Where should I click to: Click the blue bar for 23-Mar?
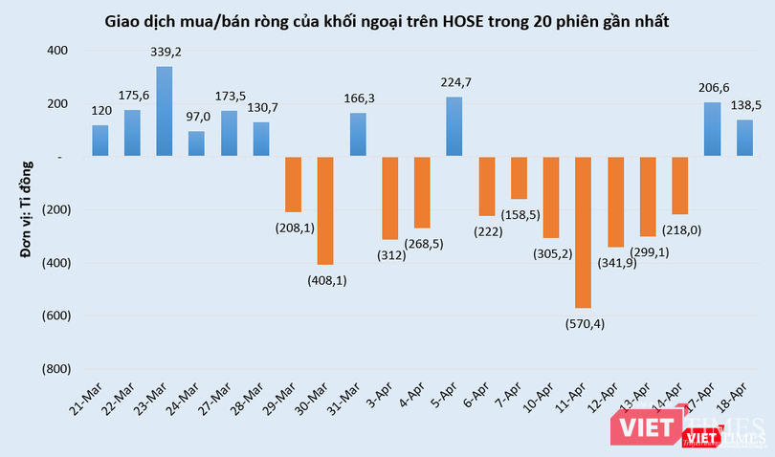165,111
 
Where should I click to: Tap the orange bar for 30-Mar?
325,210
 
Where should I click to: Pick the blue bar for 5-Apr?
454,126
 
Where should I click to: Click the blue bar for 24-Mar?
196,143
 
